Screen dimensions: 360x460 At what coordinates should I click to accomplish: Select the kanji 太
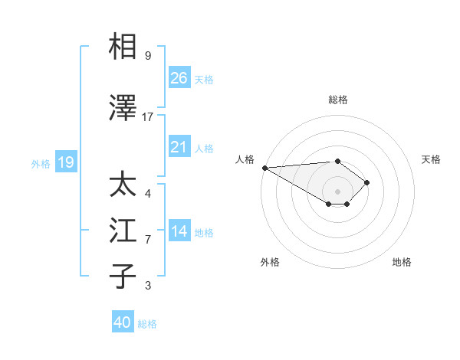[124, 185]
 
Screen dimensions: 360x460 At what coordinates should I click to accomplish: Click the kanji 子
[124, 276]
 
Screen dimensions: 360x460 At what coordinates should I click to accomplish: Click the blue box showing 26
[179, 78]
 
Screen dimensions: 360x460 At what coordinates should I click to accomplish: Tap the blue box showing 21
[179, 147]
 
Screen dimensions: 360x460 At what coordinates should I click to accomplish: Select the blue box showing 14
[179, 232]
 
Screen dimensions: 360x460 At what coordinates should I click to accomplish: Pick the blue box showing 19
[65, 162]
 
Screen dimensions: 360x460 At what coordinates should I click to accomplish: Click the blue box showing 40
[123, 322]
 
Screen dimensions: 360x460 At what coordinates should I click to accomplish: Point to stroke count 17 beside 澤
[148, 116]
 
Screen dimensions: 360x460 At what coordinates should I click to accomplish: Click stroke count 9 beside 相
[148, 55]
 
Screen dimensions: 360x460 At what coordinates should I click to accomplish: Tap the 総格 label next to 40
[148, 324]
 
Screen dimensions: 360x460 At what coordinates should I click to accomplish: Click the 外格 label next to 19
[41, 163]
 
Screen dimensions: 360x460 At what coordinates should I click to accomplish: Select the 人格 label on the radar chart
[245, 159]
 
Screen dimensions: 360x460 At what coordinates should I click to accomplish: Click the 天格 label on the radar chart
[432, 159]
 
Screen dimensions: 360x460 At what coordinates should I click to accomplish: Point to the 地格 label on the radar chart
[402, 262]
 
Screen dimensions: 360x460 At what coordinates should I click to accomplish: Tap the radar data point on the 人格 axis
[264, 167]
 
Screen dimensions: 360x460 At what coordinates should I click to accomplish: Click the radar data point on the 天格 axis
[368, 182]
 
